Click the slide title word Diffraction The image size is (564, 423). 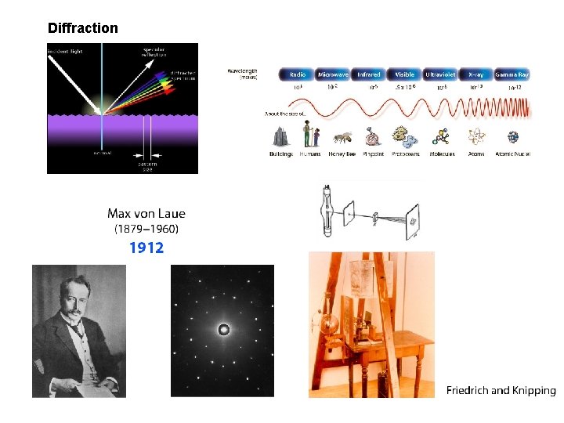coord(82,28)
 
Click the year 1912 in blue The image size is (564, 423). coord(146,248)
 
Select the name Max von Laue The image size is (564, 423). coord(146,213)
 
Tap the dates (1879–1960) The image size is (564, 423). coord(146,230)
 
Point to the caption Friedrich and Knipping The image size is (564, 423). coord(501,390)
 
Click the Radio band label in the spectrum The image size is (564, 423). coord(298,74)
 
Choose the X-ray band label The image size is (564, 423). coord(475,74)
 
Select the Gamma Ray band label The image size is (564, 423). coord(512,74)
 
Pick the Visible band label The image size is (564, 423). coord(405,74)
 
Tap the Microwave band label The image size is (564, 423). coord(333,74)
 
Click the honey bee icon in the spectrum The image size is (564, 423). coord(342,138)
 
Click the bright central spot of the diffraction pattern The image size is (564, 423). coord(223,330)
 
